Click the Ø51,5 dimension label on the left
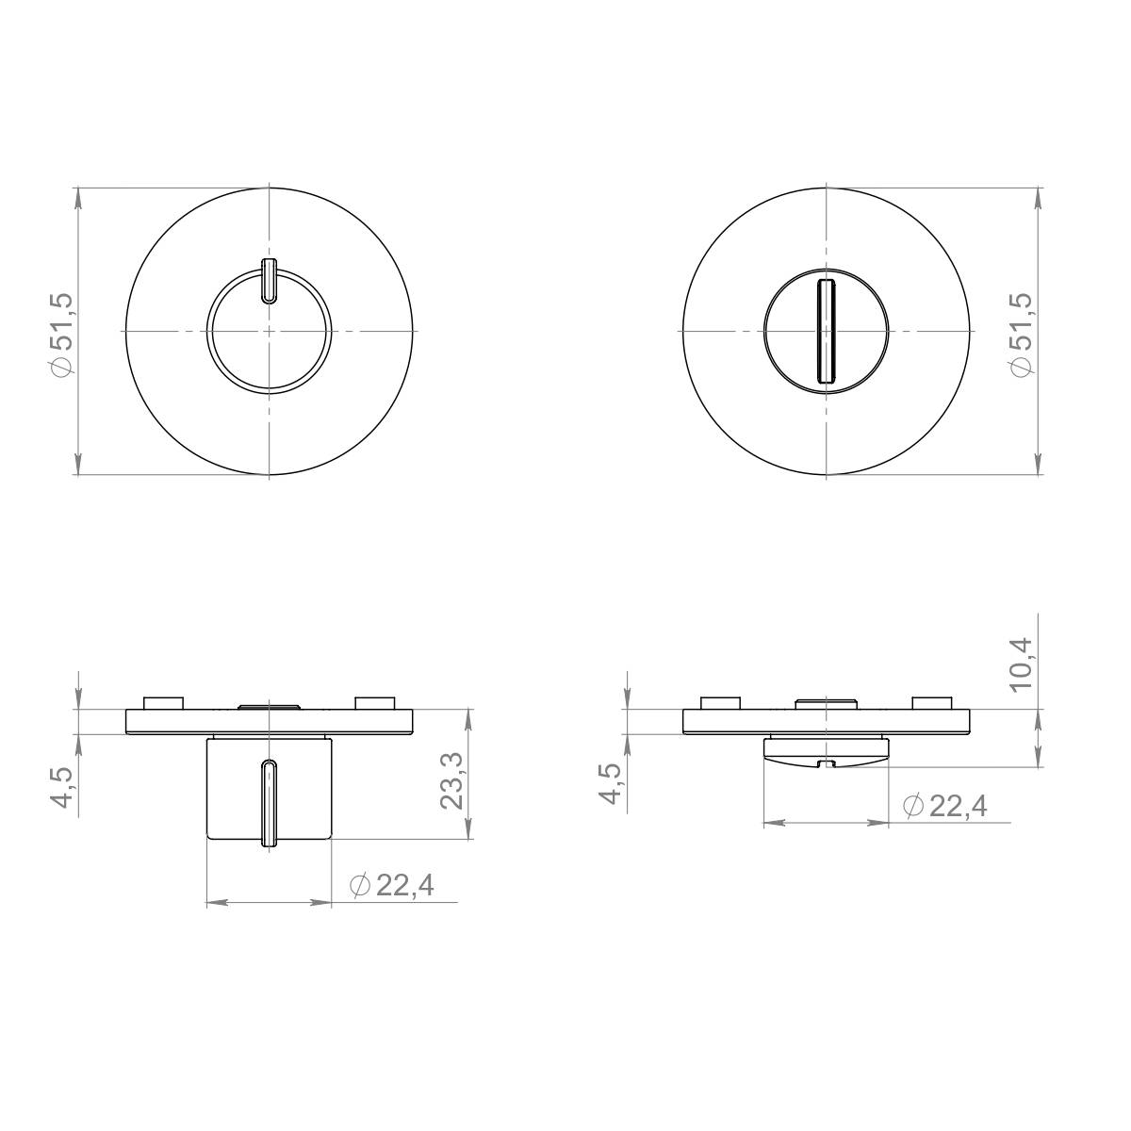63,335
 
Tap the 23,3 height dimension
451,781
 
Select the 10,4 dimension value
1022,664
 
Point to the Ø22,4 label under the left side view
391,885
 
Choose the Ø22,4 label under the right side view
945,806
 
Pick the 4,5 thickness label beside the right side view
611,783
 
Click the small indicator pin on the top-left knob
269,281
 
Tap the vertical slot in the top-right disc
826,332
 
